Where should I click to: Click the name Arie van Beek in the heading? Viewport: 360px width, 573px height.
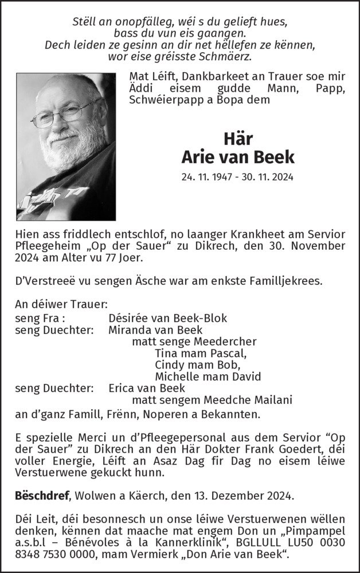[237, 156]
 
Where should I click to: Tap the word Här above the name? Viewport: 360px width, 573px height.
[237, 138]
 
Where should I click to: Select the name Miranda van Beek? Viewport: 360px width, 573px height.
[155, 330]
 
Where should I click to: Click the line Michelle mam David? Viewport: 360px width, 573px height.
[208, 376]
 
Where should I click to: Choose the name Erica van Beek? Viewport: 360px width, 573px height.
[146, 388]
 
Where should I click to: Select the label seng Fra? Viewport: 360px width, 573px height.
[40, 319]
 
